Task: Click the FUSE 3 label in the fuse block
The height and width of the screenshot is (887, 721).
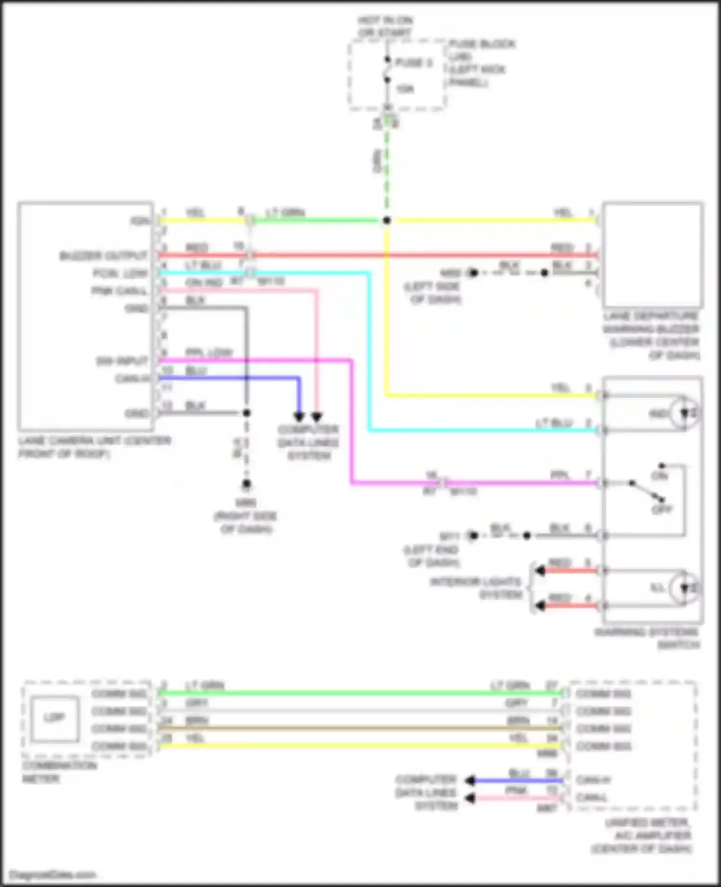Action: pyautogui.click(x=413, y=63)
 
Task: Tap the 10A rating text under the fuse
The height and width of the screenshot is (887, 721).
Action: pyautogui.click(x=405, y=89)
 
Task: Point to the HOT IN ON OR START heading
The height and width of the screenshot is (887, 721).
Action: pyautogui.click(x=385, y=26)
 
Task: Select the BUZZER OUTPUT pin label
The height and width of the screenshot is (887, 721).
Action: pyautogui.click(x=103, y=256)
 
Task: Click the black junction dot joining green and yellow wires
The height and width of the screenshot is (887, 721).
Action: pyautogui.click(x=387, y=221)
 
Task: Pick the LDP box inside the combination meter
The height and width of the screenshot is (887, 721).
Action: pyautogui.click(x=54, y=718)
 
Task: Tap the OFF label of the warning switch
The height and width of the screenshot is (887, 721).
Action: pyautogui.click(x=662, y=510)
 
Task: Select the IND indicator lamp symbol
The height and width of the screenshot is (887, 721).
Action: pyautogui.click(x=686, y=413)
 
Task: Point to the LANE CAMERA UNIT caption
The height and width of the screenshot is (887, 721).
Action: pyautogui.click(x=94, y=447)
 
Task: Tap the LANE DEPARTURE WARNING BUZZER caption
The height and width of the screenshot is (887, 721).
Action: pyautogui.click(x=651, y=335)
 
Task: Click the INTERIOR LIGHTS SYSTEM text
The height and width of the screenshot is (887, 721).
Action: pyautogui.click(x=476, y=588)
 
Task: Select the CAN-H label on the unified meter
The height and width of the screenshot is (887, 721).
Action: pyautogui.click(x=593, y=780)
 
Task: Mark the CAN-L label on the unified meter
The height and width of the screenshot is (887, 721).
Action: pyautogui.click(x=592, y=797)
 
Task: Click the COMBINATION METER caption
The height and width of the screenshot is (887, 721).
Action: pyautogui.click(x=59, y=772)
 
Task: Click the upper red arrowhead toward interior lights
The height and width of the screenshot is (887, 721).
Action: pyautogui.click(x=540, y=571)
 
